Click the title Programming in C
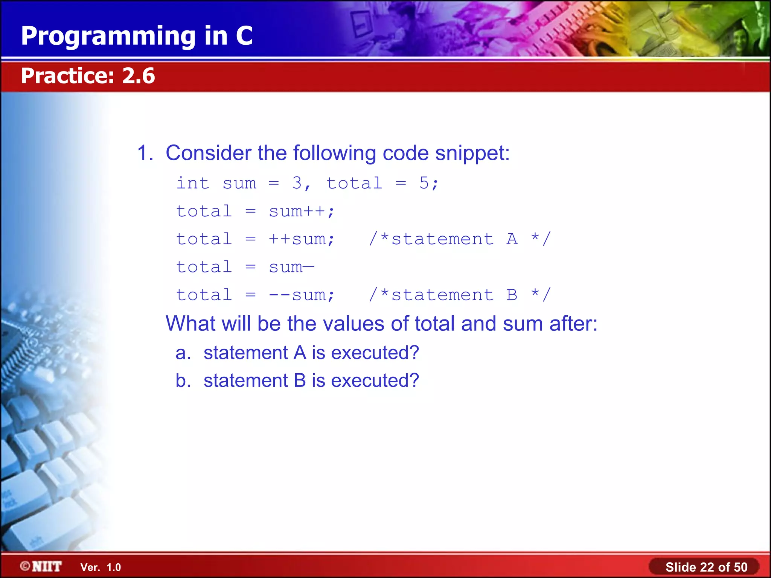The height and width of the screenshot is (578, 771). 137,36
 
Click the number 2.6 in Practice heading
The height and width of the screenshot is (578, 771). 138,76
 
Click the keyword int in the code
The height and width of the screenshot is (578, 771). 193,183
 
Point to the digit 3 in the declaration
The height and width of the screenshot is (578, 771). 297,183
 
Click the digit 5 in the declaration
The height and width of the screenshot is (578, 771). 424,183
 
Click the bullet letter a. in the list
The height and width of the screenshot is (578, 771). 183,353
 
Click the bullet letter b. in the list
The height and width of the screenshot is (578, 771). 183,380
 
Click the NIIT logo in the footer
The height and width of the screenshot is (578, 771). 41,566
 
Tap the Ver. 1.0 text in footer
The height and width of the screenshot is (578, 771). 101,567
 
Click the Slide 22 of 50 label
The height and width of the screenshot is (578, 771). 706,567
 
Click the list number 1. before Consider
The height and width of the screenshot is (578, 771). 145,153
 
